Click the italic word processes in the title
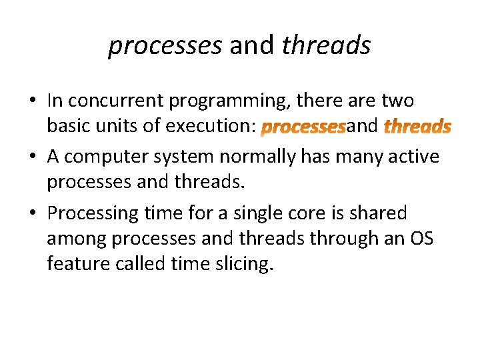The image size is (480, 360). pos(165,45)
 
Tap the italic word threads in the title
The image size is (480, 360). pos(326,45)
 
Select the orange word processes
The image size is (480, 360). pos(303,126)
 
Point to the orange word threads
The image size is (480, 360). pos(418,126)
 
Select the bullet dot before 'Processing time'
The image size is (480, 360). pos(32,214)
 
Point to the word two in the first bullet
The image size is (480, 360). pos(398,101)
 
